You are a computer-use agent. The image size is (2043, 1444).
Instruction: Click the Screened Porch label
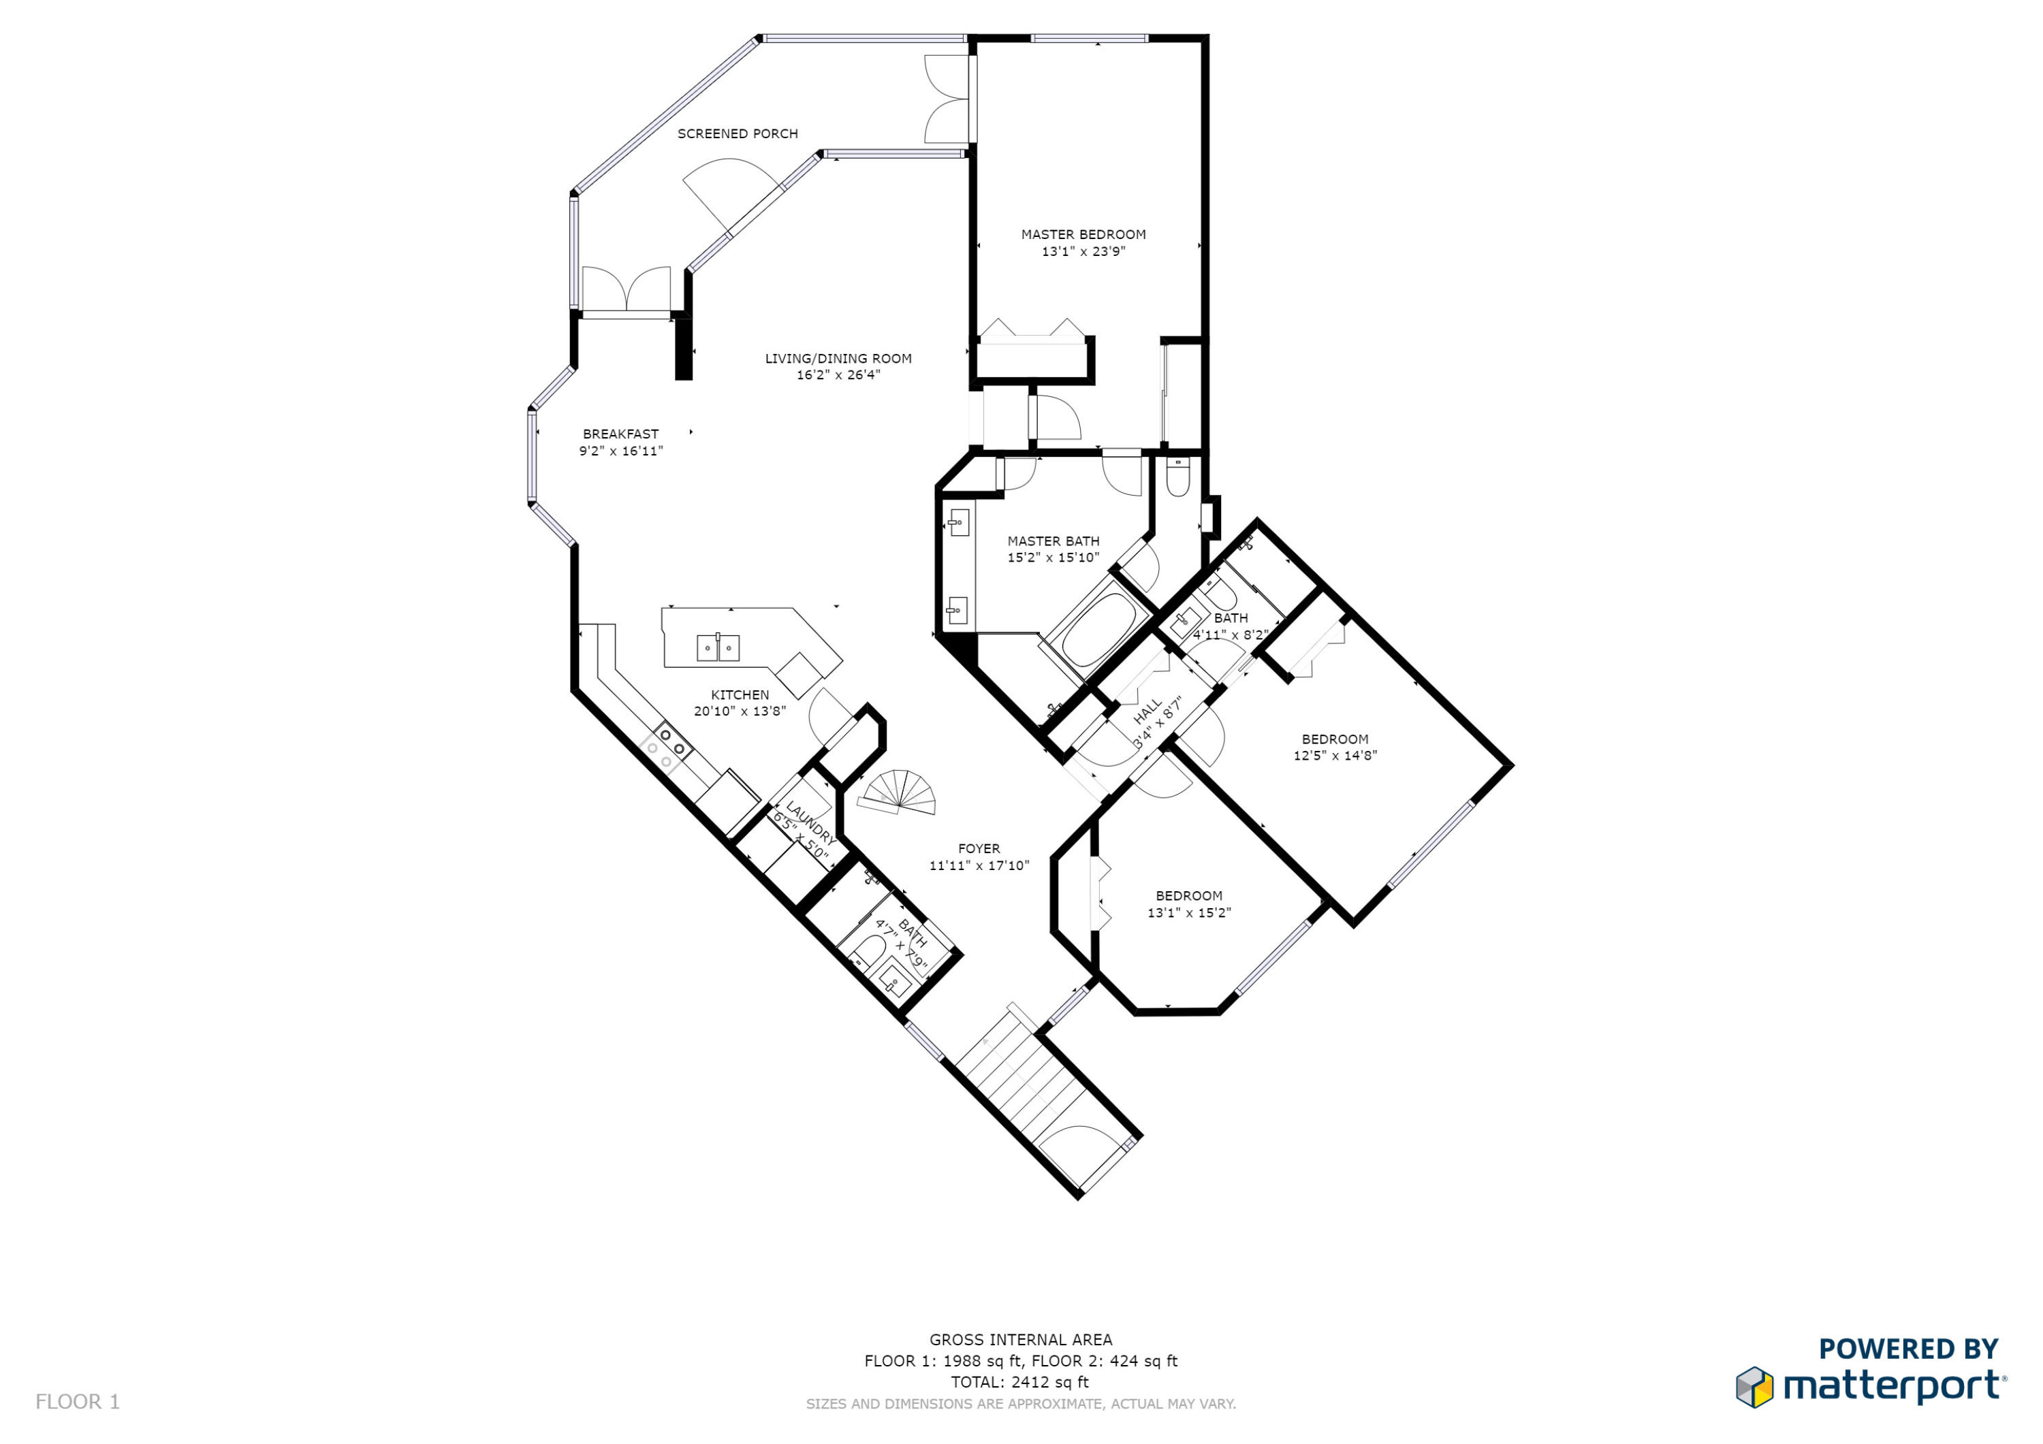(x=738, y=133)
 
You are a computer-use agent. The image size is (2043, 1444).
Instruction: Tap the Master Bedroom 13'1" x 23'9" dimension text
(x=1083, y=252)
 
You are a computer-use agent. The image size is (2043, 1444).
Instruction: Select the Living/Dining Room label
(x=838, y=359)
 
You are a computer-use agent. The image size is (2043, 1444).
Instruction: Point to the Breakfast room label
(x=620, y=434)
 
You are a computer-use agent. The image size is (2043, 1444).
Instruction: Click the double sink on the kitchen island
(x=718, y=647)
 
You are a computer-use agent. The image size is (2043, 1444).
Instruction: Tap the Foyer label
(x=979, y=849)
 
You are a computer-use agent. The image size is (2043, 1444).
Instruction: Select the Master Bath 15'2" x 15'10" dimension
(x=1053, y=558)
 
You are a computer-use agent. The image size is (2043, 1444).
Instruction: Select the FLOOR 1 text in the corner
(x=78, y=1401)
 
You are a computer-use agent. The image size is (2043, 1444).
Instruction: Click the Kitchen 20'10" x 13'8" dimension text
(x=740, y=711)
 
